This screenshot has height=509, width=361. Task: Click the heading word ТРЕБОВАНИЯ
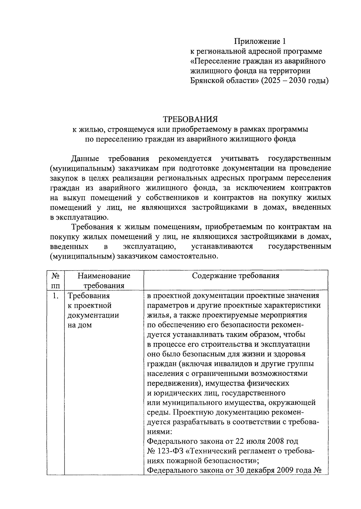tap(190, 119)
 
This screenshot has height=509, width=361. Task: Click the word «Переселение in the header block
tap(215, 61)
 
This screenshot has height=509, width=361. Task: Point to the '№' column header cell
tap(55, 276)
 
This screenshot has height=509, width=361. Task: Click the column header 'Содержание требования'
tap(236, 276)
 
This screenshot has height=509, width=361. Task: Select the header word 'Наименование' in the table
tap(104, 276)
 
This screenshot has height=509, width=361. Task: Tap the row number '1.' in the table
tap(55, 296)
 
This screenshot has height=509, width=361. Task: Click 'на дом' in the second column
tap(80, 325)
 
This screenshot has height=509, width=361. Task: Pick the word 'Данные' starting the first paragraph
tap(85, 158)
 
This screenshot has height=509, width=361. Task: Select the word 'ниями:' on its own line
tap(159, 431)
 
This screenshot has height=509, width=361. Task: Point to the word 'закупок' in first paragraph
tap(63, 178)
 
